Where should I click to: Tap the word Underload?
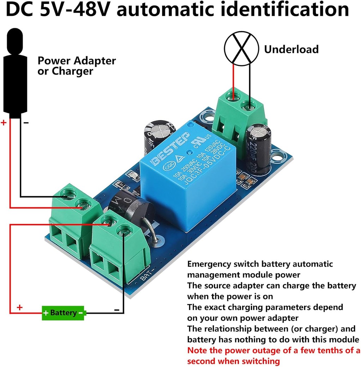pyautogui.click(x=291, y=49)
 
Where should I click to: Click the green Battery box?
pyautogui.click(x=63, y=312)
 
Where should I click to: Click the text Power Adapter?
pyautogui.click(x=77, y=61)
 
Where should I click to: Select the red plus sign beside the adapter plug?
pyautogui.click(x=4, y=123)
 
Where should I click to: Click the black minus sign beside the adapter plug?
pyautogui.click(x=26, y=123)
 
